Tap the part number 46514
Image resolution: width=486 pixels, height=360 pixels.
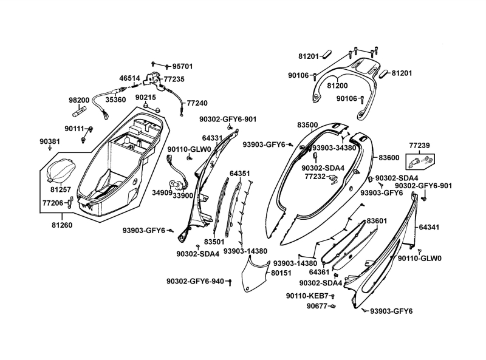click(129, 78)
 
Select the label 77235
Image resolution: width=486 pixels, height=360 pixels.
click(173, 79)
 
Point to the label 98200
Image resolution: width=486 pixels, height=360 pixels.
click(79, 100)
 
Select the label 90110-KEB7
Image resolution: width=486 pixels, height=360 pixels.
click(307, 296)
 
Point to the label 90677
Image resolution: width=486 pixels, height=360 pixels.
click(318, 306)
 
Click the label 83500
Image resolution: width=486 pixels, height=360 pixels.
click(307, 124)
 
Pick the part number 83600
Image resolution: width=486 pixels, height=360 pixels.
click(389, 157)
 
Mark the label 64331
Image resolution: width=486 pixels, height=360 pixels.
click(212, 138)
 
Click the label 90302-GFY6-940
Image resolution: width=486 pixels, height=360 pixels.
click(195, 281)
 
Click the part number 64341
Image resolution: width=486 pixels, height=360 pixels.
click(428, 228)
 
